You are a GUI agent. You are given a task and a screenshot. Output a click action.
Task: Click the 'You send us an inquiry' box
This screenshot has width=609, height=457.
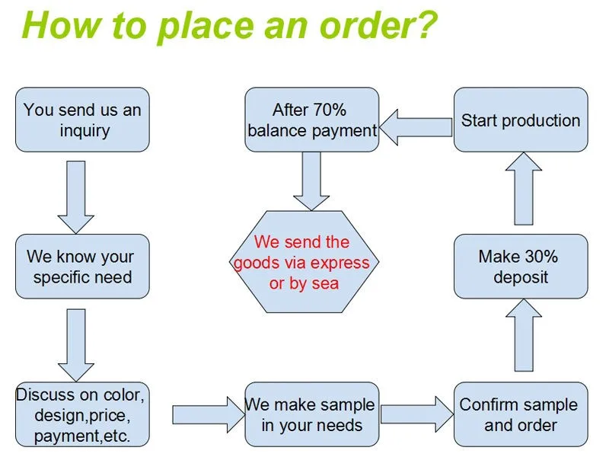tap(82, 120)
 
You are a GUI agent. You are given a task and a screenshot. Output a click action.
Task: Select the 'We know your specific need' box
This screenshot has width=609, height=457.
tap(82, 266)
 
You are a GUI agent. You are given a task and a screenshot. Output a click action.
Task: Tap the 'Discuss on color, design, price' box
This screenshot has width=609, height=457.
tap(82, 415)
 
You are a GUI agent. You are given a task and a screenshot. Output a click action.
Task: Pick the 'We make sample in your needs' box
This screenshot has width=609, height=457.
tap(311, 414)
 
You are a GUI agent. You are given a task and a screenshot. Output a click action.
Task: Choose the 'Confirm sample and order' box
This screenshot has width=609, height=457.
tap(521, 414)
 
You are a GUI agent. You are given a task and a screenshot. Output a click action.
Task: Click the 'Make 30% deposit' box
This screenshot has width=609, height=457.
tap(521, 266)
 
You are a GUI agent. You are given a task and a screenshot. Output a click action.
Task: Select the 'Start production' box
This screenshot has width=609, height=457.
tap(521, 120)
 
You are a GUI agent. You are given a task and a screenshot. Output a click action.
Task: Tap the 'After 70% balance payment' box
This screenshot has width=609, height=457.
tap(311, 120)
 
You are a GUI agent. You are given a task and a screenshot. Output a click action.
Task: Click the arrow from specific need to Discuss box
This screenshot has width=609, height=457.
tap(75, 344)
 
